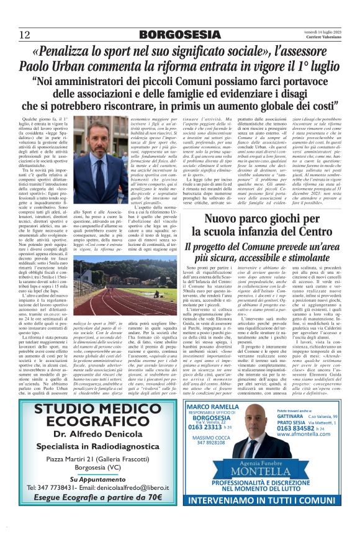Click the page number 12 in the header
(x=24, y=34)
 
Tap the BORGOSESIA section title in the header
(x=179, y=35)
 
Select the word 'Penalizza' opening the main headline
(x=77, y=50)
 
